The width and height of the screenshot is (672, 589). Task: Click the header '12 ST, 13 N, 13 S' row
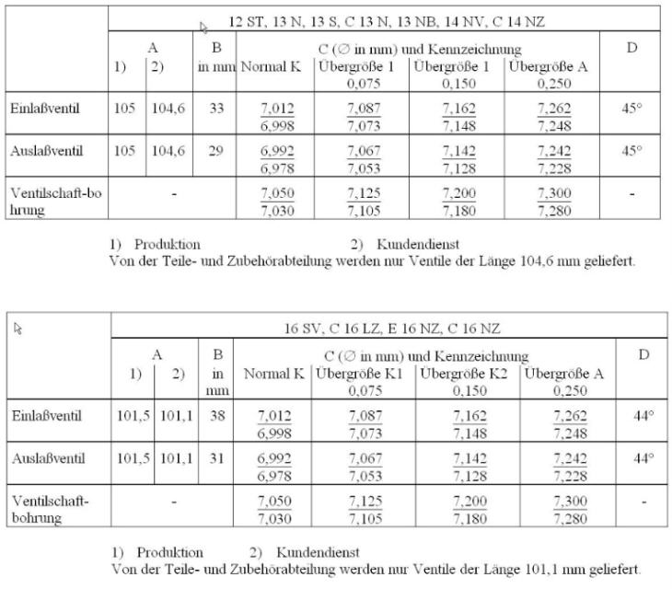click(x=386, y=20)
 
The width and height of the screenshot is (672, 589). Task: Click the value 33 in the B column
click(x=215, y=109)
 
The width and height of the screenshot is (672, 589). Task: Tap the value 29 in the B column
click(x=215, y=151)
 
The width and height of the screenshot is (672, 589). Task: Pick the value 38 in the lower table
click(x=216, y=416)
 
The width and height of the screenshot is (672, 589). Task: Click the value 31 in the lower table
click(x=216, y=457)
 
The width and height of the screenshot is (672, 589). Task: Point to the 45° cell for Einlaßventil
click(x=631, y=109)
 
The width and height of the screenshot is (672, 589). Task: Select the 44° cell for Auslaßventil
click(x=644, y=457)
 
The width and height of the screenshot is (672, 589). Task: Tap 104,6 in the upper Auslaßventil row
click(x=168, y=151)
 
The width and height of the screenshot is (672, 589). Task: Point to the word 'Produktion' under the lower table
click(x=169, y=552)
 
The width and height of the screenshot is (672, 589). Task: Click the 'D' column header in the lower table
click(x=644, y=354)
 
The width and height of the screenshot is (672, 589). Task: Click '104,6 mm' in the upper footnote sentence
click(x=526, y=260)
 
